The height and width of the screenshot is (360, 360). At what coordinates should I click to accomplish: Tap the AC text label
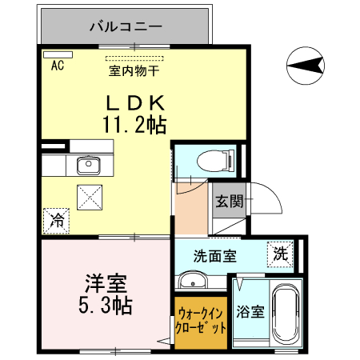coord(57,67)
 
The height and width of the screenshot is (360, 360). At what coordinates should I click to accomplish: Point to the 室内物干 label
coord(134,70)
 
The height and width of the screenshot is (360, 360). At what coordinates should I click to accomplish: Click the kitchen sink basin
coord(87,166)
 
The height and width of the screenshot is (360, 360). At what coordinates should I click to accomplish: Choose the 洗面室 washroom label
coord(214,257)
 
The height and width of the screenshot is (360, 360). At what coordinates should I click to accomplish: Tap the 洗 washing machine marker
coord(279,253)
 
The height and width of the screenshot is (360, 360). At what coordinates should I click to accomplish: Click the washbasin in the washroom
coord(192,281)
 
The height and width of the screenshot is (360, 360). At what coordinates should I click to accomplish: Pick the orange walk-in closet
coord(201,322)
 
